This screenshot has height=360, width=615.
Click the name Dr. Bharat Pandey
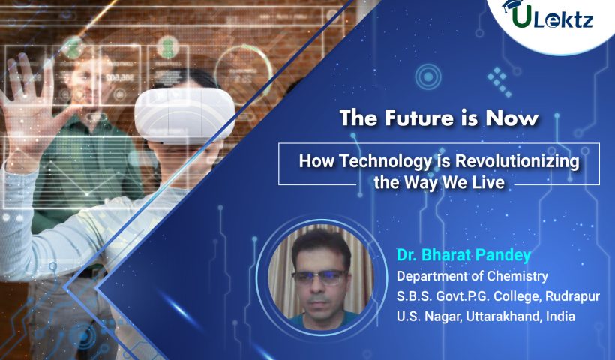click(x=463, y=255)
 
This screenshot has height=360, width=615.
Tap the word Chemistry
click(x=517, y=276)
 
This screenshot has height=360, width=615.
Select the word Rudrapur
click(x=572, y=296)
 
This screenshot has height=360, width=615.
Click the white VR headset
click(x=184, y=114)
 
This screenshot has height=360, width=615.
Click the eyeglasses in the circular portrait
click(x=319, y=277)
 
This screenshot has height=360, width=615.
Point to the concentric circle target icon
click(x=428, y=76)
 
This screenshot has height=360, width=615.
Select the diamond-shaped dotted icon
click(x=499, y=82)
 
